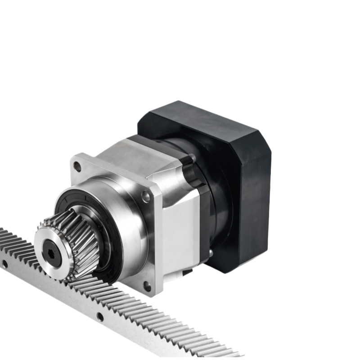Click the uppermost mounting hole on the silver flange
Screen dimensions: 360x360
click(77, 166)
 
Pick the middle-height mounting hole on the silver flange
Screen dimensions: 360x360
click(146, 196)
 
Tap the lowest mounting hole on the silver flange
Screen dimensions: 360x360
click(147, 285)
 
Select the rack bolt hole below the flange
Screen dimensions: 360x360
click(100, 316)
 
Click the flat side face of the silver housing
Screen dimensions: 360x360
click(180, 234)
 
